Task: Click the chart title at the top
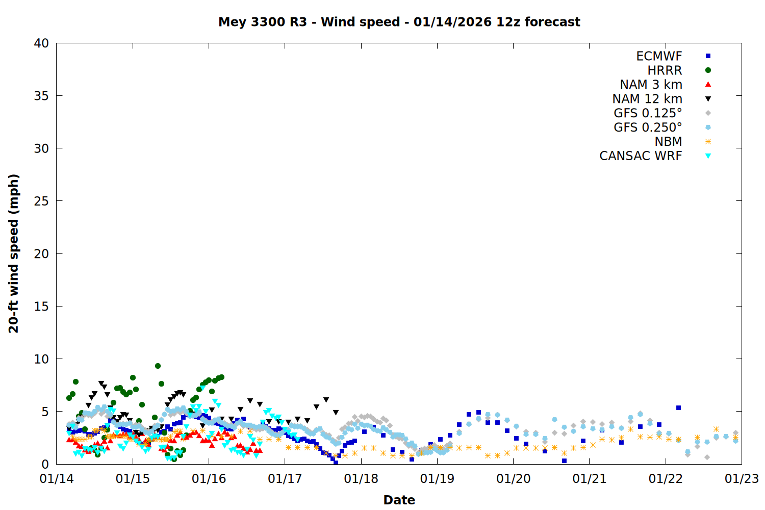399,22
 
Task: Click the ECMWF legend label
659,56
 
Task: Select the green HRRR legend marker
708,70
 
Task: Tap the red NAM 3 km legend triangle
708,85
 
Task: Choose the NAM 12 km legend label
647,99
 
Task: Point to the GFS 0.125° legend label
648,113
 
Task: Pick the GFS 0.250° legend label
648,127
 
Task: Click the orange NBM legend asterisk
708,142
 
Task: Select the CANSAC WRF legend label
641,156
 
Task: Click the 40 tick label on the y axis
41,43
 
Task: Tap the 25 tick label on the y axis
41,201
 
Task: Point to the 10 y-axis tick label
41,359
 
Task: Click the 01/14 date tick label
57,479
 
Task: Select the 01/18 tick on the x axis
361,479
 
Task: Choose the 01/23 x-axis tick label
742,479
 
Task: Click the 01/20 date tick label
513,479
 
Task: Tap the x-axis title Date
399,500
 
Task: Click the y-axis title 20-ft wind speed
14,253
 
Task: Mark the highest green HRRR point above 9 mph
158,366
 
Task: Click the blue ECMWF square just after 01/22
678,408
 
